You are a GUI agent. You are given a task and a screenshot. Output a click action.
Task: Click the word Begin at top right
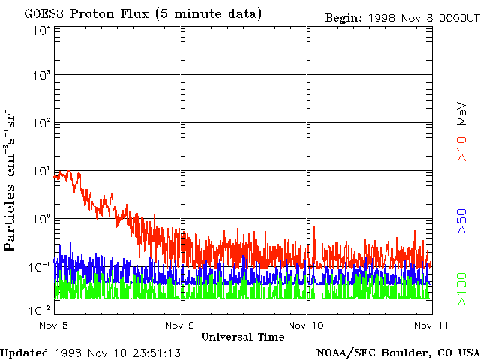point(343,17)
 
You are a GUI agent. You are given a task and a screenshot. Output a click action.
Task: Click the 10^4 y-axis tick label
point(40,31)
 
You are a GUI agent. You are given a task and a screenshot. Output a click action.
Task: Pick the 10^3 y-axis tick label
point(40,76)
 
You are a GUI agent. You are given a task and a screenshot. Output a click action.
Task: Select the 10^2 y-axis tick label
point(40,124)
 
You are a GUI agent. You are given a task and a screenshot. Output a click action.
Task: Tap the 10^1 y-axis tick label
point(40,171)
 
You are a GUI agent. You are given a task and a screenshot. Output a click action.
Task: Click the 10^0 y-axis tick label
point(40,219)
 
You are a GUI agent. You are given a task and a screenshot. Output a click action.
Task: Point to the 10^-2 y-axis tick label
point(39,309)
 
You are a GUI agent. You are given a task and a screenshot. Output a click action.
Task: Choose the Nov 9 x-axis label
point(180,325)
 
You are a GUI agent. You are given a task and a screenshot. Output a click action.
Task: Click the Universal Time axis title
point(242,337)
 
